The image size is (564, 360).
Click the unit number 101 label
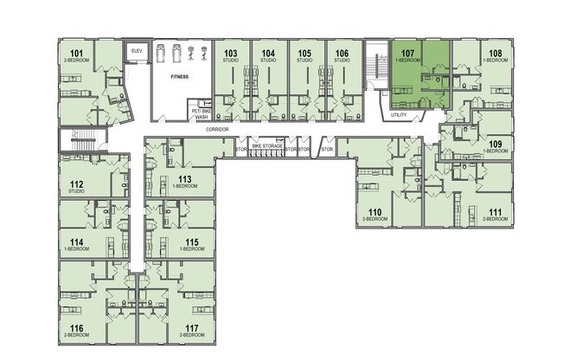77,55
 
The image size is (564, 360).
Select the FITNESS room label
179,76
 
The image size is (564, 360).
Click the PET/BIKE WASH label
202,114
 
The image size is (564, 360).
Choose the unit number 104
268,54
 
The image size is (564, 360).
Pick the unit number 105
304,54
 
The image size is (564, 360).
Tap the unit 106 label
343,54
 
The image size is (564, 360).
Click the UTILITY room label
399,115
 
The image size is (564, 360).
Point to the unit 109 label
495,145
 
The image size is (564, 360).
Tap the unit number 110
375,212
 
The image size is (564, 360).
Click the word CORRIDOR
217,127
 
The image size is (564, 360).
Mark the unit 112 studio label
77,186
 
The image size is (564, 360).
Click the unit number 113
184,180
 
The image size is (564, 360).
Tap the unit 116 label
77,330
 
